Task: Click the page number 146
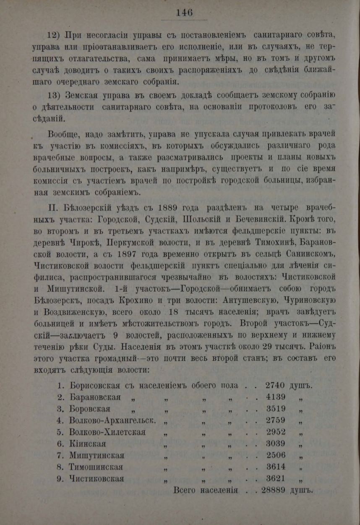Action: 184,13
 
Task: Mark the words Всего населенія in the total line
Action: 206,490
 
